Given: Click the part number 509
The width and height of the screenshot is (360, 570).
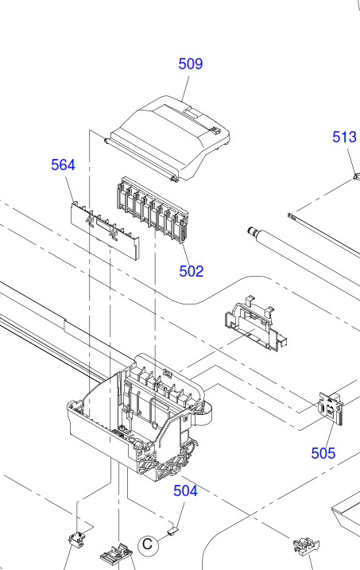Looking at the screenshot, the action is coord(191,64).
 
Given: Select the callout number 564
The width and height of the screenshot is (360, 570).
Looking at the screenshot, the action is coord(64,165).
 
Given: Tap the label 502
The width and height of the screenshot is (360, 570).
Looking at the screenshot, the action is coord(192,271).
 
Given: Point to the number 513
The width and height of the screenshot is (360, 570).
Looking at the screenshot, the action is coord(344,137).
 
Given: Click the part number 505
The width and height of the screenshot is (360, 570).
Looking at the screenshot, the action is coord(323,453).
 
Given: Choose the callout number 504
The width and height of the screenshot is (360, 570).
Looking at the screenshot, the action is coord(185,491).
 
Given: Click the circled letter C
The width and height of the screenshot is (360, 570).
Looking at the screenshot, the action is coord(148,545).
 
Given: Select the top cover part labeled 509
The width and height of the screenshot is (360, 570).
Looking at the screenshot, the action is coord(168,138).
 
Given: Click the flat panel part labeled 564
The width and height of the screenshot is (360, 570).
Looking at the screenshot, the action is coord(105,231).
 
